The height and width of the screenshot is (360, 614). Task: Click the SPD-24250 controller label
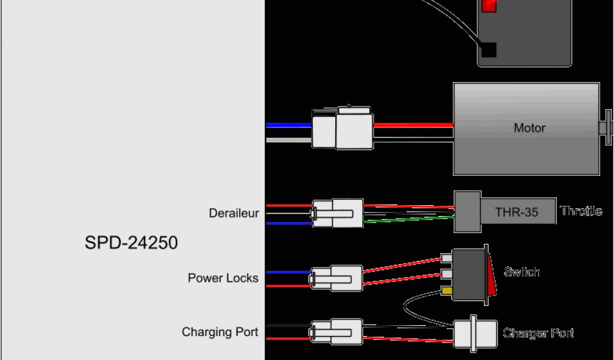point(131,243)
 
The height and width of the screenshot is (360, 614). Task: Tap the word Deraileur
point(234,213)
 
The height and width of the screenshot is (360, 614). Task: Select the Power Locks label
point(223,278)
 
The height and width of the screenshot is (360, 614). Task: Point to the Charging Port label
point(220,332)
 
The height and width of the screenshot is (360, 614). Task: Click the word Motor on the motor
point(529,128)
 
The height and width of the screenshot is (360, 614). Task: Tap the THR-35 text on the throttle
point(516,212)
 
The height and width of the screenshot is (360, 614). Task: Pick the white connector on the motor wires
point(342,128)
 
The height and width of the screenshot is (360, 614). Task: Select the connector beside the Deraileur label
point(337,213)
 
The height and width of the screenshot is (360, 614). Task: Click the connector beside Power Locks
point(337,278)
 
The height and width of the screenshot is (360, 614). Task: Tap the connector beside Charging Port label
point(336,332)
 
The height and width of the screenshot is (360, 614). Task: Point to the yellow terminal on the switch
point(446,291)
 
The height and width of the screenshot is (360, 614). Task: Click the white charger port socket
point(475,334)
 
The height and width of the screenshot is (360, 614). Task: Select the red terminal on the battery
point(489,5)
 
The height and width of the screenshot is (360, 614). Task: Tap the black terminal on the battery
point(489,50)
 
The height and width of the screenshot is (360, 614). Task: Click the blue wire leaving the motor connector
point(288,125)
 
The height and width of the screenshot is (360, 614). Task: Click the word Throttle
point(580,211)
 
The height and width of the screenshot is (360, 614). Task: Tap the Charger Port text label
point(538,333)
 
